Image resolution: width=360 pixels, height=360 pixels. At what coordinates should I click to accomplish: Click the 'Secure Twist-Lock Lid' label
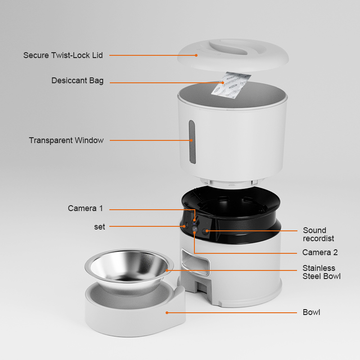(63, 55)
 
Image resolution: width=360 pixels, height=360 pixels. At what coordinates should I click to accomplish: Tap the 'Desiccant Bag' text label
(77, 81)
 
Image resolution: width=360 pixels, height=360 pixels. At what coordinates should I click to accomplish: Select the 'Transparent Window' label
(66, 140)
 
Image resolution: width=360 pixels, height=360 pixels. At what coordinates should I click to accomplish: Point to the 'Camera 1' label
(85, 208)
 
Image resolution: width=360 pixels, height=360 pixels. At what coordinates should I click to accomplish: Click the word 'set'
(99, 227)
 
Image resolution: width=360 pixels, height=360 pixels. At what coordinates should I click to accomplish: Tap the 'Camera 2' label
(320, 252)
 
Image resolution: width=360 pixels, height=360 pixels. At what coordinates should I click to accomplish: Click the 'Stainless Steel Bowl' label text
(321, 272)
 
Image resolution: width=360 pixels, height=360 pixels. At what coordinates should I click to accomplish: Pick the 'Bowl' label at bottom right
(311, 312)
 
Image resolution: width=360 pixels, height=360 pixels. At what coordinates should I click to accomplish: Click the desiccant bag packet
(231, 85)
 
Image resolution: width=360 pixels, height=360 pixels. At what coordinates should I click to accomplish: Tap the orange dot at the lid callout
(196, 55)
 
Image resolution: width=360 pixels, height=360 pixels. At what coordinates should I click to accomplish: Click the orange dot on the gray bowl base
(166, 312)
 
